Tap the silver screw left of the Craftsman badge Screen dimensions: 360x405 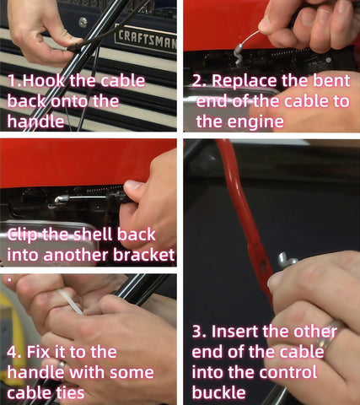[83, 22]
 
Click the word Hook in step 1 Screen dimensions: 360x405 [45, 81]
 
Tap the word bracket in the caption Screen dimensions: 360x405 [144, 255]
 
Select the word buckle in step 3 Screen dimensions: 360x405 [219, 392]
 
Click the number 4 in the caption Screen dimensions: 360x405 [13, 352]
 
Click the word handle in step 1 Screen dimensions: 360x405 [35, 121]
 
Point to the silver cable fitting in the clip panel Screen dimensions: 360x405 [62, 199]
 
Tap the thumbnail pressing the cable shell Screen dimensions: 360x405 [132, 186]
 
